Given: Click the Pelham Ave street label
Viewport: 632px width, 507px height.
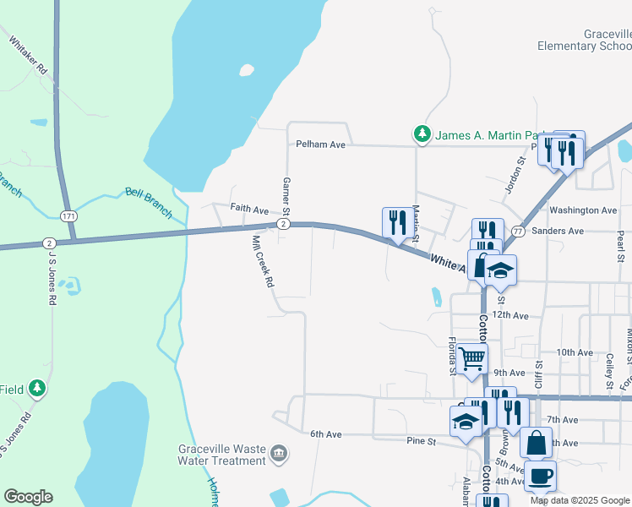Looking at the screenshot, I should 320,145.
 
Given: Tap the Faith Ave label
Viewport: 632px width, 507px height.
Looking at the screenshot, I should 249,210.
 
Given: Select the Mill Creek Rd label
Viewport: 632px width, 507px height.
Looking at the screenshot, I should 262,261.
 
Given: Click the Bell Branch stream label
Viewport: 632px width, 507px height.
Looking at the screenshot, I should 149,200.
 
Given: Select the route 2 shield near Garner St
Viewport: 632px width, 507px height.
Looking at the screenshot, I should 283,224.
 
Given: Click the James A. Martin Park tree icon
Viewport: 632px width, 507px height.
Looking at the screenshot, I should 422,134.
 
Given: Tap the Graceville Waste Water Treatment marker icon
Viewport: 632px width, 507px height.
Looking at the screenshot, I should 278,455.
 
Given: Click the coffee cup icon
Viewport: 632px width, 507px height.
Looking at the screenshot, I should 540,476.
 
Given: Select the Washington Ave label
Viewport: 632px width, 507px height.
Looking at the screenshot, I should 583,210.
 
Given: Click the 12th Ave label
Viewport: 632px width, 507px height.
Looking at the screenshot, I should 510,314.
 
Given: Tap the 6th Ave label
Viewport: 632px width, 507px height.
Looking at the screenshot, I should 325,434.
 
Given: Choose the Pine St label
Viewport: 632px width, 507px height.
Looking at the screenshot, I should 421,441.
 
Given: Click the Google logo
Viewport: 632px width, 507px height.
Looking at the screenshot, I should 28,497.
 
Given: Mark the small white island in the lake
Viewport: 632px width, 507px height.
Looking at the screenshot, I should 246,71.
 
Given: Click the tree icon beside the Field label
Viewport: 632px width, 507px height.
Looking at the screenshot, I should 36,388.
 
